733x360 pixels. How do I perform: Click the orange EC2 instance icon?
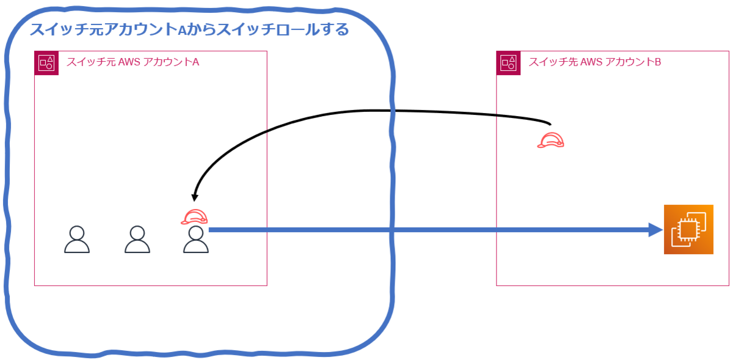(688, 229)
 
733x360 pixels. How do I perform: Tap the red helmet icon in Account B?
(550, 141)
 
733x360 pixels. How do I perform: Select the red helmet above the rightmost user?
(195, 216)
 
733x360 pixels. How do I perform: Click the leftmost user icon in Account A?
(77, 240)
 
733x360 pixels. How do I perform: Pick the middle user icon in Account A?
(137, 240)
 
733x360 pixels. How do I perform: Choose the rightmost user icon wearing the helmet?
(196, 240)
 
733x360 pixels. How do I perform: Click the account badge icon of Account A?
(46, 63)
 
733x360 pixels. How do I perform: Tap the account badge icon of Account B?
(508, 63)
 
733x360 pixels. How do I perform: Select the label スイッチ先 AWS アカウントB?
(594, 62)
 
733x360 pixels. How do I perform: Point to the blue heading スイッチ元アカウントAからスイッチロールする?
(189, 29)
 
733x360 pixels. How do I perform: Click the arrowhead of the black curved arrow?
(195, 197)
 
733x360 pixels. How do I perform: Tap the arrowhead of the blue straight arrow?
(656, 230)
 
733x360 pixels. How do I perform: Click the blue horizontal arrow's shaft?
(428, 230)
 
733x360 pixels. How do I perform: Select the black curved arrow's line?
(366, 111)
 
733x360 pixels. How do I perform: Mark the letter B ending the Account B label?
(657, 62)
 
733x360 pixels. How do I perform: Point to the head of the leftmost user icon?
(77, 232)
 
